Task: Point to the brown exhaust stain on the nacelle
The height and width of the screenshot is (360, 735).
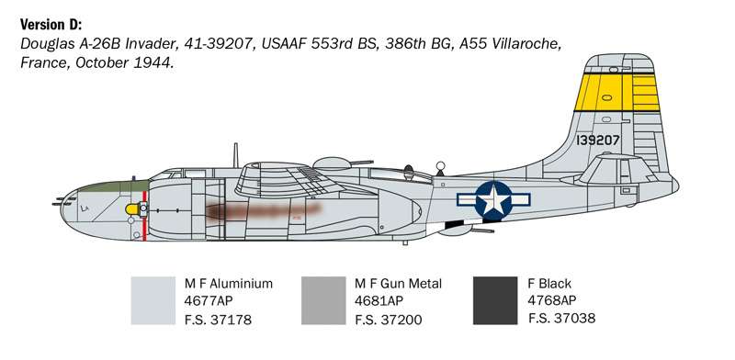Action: (x=262, y=213)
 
